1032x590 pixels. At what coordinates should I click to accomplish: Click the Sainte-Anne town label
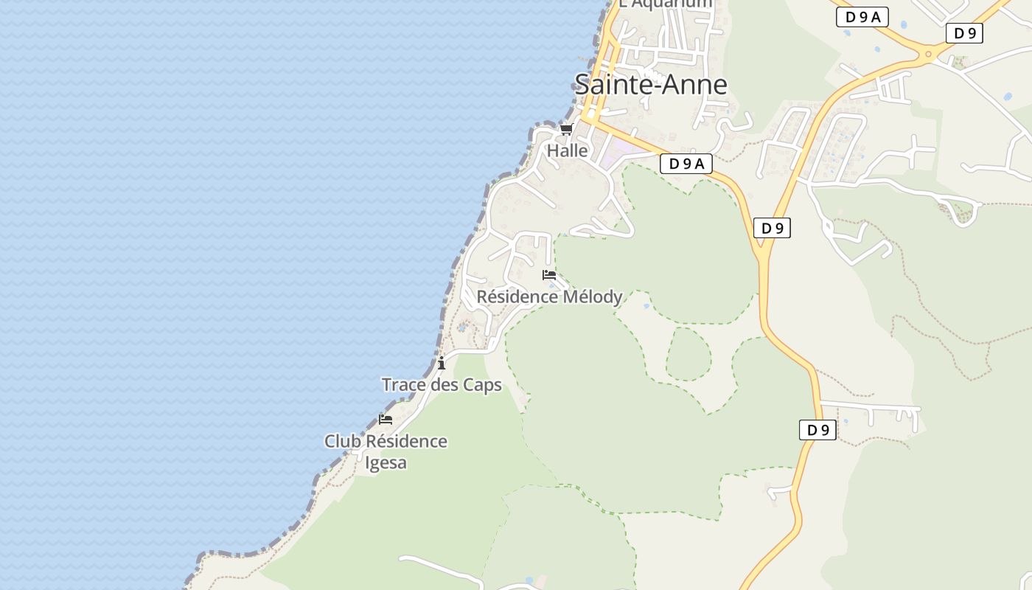(651, 85)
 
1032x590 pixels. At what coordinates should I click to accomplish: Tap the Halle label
(567, 151)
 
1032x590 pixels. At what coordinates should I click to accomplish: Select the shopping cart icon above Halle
(566, 130)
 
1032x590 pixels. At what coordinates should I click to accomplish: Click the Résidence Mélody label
(549, 297)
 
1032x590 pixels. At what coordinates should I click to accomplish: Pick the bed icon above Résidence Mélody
(548, 275)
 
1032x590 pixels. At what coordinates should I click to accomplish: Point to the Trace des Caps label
(442, 385)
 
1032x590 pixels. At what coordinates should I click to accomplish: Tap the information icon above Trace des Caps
(442, 363)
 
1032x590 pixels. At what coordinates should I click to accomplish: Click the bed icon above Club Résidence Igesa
(386, 420)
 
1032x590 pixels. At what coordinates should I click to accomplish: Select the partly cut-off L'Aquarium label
(666, 4)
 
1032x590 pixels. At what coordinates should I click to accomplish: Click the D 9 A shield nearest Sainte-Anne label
(686, 164)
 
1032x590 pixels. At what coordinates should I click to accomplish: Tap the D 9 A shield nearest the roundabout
(862, 17)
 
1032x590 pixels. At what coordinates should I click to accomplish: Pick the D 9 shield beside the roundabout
(964, 33)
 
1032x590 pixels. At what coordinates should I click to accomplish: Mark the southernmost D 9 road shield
(817, 430)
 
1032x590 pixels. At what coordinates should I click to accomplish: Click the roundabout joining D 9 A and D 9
(928, 53)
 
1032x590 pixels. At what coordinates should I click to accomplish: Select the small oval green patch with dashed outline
(688, 354)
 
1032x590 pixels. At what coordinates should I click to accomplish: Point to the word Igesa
(386, 463)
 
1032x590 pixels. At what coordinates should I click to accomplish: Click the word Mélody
(593, 297)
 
